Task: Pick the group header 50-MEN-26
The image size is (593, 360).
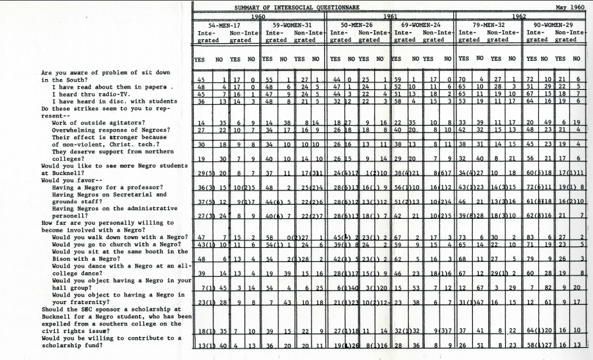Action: click(x=358, y=24)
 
